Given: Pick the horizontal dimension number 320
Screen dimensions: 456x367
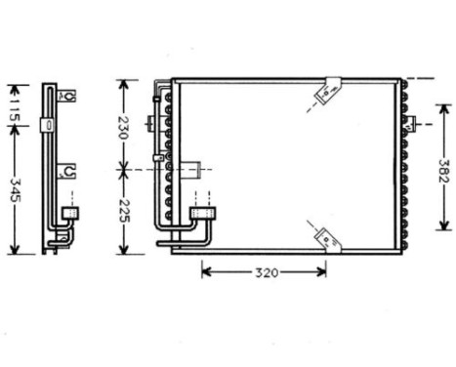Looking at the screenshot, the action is click(263, 271).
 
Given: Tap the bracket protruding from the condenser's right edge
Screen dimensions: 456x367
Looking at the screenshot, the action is click(411, 124).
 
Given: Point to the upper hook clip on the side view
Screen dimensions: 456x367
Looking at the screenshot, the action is click(67, 96).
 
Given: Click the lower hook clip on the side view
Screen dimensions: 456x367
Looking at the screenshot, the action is click(66, 172).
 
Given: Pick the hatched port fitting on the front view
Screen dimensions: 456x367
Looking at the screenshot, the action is click(202, 210).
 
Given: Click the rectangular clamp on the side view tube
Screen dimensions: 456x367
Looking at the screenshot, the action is click(47, 124).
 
